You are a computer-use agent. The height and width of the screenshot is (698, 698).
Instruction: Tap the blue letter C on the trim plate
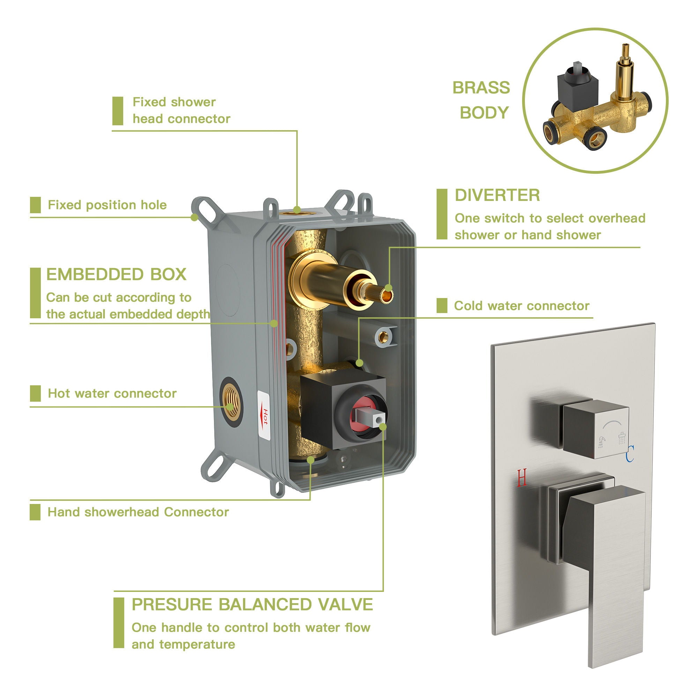630,454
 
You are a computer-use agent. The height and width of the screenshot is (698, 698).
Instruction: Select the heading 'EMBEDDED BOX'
116,275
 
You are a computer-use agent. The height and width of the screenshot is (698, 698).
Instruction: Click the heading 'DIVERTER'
497,195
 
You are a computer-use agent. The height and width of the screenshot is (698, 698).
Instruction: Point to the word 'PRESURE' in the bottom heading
172,605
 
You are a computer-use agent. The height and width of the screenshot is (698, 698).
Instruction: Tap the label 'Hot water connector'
112,393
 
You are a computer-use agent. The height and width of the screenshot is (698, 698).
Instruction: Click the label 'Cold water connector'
521,306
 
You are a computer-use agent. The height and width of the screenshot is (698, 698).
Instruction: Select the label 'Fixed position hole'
107,205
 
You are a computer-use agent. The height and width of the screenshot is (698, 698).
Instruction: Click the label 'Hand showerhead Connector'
138,512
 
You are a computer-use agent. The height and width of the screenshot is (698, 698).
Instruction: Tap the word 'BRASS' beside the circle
481,88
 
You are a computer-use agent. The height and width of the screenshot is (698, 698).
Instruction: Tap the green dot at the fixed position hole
195,217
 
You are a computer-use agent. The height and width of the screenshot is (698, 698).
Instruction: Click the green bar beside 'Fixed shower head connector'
118,111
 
